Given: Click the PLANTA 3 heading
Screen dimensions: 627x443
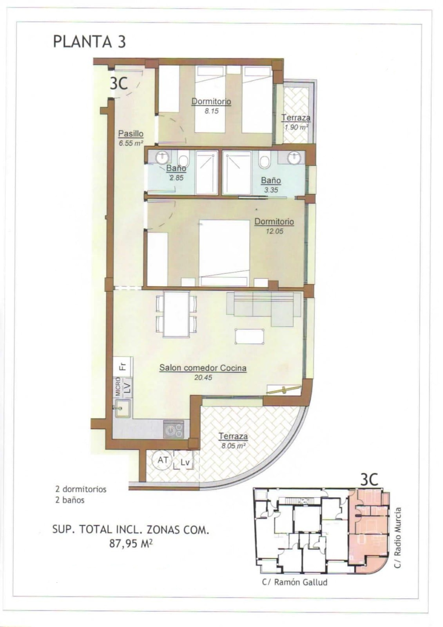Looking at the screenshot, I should tap(89, 42).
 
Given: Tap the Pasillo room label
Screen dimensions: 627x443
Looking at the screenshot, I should tap(130, 134).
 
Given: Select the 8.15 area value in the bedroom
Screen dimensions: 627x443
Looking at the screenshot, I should tap(211, 111).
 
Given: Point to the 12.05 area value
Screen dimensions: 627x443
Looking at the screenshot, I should tap(274, 231).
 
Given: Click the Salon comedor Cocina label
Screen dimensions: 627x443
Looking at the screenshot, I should tap(203, 368).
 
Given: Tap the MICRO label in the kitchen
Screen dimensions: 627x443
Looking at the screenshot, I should tap(118, 387).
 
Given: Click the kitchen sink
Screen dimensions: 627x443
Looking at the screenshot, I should tap(123, 409).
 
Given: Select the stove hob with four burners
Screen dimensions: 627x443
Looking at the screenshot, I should tap(174, 429).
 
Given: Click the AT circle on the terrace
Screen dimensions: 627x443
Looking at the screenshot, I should tap(162, 460).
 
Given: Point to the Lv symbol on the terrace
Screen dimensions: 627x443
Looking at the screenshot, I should tap(185, 462).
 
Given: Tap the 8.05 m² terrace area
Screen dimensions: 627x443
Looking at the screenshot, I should tap(233, 446).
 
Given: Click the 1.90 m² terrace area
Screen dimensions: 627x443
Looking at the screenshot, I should tap(296, 127).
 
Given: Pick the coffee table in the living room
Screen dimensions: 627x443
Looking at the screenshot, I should tap(249, 336).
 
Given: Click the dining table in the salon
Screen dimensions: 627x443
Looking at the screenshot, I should tap(176, 314).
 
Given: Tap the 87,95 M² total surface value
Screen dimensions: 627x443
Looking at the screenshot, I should tap(131, 544).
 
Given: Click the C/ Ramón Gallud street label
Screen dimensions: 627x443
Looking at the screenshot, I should tap(295, 582).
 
